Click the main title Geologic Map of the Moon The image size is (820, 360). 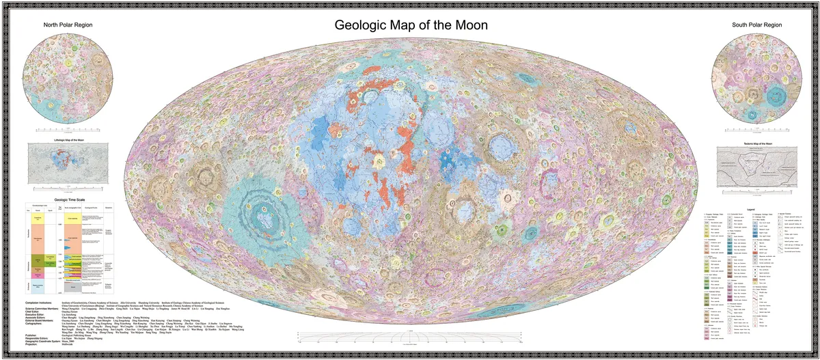click(x=410, y=25)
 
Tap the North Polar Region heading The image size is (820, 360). click(x=68, y=25)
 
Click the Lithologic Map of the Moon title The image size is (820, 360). click(x=69, y=140)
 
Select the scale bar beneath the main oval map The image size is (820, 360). click(x=410, y=337)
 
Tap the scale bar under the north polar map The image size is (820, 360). click(x=69, y=128)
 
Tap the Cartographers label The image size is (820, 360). click(x=33, y=324)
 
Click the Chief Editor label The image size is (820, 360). click(x=31, y=311)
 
